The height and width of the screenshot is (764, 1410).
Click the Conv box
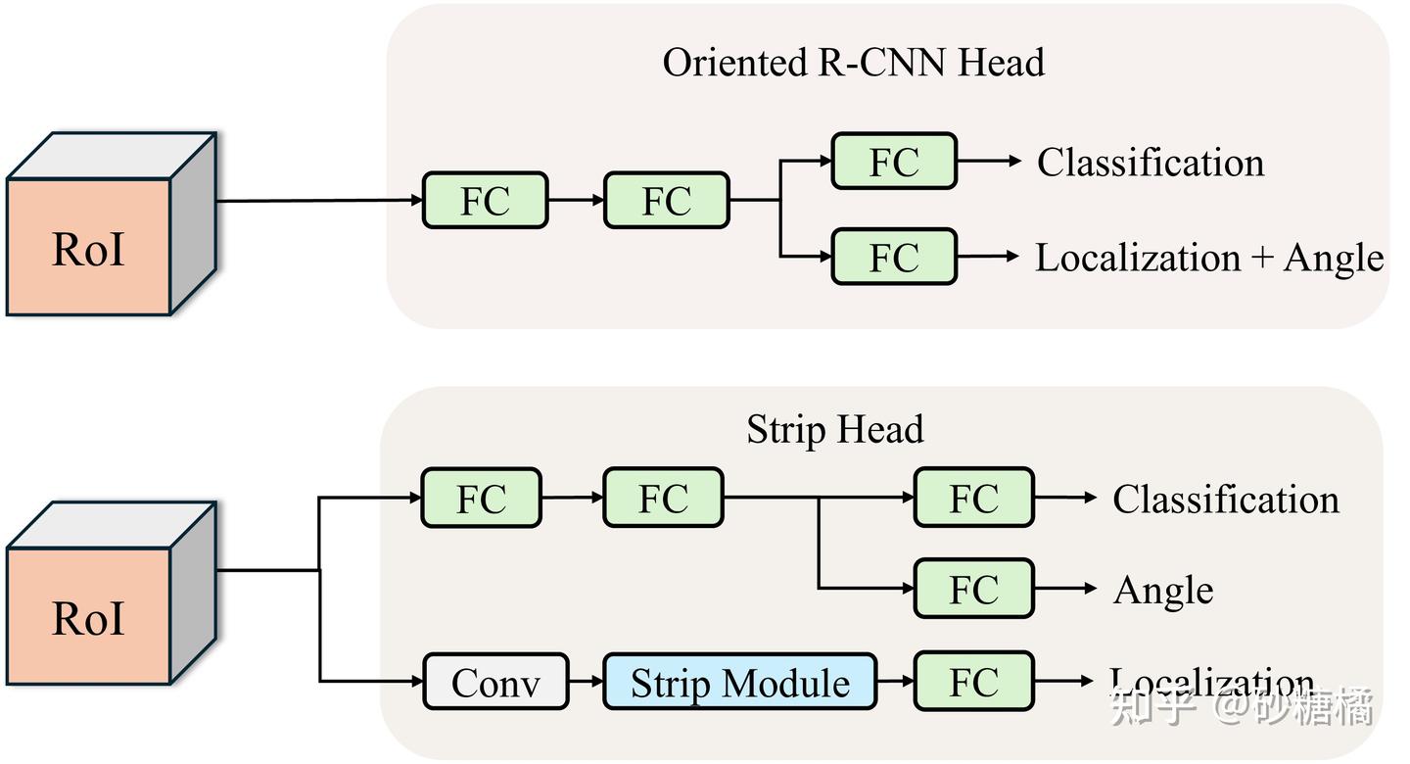click(495, 682)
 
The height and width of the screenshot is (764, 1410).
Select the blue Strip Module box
click(739, 682)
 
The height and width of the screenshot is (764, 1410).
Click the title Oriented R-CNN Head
click(853, 63)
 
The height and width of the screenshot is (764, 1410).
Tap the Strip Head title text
click(834, 429)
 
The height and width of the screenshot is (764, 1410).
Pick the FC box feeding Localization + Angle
click(893, 258)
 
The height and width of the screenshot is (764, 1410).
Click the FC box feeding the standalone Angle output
click(973, 589)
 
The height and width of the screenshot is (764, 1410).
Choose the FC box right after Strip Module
click(973, 682)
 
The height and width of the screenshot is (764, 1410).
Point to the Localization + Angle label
click(1209, 258)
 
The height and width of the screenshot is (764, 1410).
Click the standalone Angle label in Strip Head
click(1163, 591)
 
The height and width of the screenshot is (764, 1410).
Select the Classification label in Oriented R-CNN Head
click(1151, 163)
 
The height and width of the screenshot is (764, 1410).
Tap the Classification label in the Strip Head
click(1225, 500)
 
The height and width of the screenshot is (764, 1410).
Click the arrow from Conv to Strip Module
click(586, 682)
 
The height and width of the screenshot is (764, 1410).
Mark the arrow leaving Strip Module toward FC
click(895, 682)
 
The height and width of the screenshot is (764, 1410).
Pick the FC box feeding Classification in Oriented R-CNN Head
click(893, 162)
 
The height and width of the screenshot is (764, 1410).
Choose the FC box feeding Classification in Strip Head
click(973, 499)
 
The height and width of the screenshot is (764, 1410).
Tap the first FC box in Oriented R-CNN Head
click(485, 201)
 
